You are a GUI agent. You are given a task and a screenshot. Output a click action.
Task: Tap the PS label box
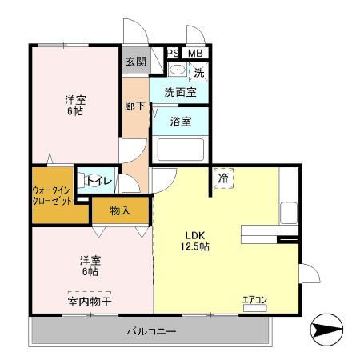tap(173, 54)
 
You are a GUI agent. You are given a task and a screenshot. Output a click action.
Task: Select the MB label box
tap(194, 54)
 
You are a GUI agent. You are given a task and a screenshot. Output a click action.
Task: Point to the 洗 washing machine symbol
tap(198, 71)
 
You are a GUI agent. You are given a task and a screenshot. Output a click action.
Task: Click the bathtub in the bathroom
tap(180, 150)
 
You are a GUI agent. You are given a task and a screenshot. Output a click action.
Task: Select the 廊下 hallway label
tap(135, 104)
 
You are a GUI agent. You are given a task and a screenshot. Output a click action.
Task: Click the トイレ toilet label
tap(98, 181)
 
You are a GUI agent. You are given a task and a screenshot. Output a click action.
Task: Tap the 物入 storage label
tap(121, 210)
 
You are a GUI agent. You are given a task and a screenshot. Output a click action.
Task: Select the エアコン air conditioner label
tap(255, 300)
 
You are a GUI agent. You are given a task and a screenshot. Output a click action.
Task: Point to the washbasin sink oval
tap(178, 71)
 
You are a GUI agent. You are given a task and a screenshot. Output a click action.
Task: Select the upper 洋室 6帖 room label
tap(77, 105)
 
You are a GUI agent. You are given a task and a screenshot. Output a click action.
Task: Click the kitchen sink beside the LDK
tap(287, 212)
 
